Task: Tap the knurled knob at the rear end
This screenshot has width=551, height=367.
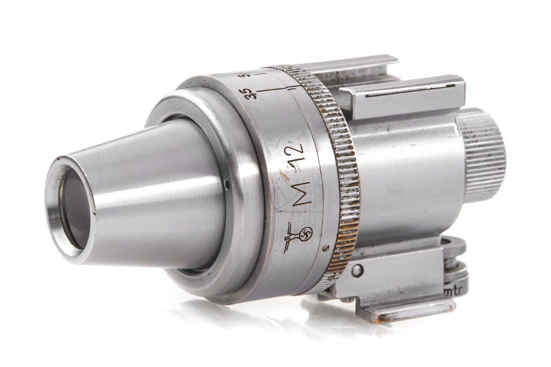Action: click(482, 155)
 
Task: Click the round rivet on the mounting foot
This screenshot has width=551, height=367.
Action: click(356, 271)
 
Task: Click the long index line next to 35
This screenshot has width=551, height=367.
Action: click(271, 90)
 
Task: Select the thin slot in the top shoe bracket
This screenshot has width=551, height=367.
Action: click(409, 91)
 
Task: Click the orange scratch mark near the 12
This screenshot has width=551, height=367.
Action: click(283, 175)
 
